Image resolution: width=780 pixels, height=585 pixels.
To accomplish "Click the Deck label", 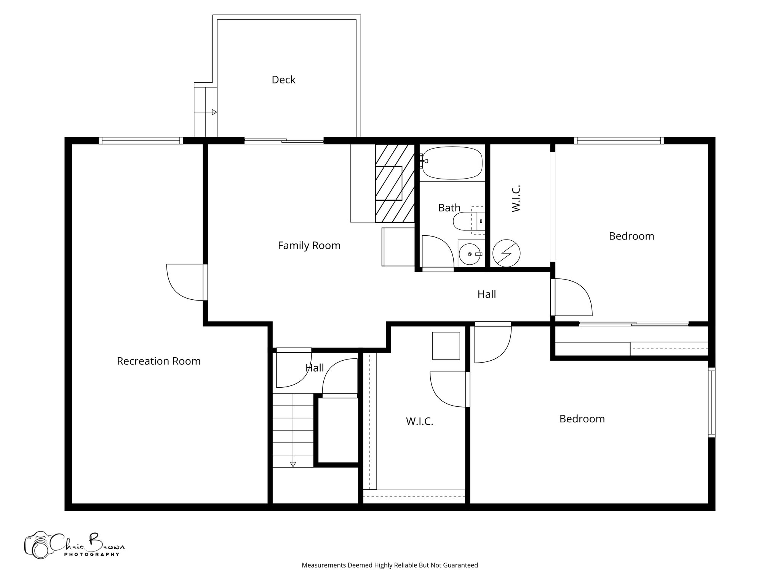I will (283, 80).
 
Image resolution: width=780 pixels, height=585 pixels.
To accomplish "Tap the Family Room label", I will (309, 246).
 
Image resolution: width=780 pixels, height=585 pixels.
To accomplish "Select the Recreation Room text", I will (158, 361).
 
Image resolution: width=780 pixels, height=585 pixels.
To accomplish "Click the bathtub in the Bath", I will (452, 163).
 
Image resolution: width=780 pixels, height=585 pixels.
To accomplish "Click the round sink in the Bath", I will (469, 254).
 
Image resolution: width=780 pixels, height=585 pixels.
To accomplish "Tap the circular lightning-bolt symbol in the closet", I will (506, 253).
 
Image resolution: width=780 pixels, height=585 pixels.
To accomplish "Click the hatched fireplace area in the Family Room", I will (395, 183).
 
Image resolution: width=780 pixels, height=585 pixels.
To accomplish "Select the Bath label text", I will (449, 208).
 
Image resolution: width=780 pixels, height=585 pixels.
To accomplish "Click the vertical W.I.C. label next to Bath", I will (516, 198).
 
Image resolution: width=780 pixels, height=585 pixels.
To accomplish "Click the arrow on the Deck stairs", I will (214, 112).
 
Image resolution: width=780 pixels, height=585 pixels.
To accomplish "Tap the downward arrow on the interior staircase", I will (293, 464).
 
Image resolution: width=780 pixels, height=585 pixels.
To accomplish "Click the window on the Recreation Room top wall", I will (141, 141).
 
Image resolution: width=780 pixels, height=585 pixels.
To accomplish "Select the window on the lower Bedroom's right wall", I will (711, 402).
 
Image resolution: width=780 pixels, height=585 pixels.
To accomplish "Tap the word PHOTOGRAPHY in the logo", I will (91, 554).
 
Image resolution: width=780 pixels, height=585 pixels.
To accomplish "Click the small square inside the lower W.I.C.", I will (446, 345).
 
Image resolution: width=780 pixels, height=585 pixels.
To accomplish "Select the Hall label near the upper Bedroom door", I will (486, 294).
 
